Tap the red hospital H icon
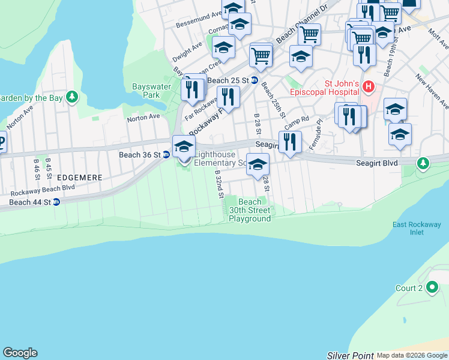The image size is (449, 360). tap(369, 88)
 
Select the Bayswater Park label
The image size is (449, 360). tap(146, 91)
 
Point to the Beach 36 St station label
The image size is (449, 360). tap(139, 155)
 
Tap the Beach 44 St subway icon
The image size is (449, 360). tap(56, 202)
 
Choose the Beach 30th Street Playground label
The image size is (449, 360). tap(250, 210)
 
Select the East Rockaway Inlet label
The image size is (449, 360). tap(417, 229)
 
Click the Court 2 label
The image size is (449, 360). tap(409, 288)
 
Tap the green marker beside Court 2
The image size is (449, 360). tap(432, 288)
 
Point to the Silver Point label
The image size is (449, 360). tap(350, 355)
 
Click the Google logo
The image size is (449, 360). tap(20, 353)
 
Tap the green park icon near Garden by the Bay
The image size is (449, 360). tap(72, 97)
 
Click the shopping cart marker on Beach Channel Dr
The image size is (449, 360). tap(309, 35)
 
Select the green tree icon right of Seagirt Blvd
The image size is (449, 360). tap(423, 163)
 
